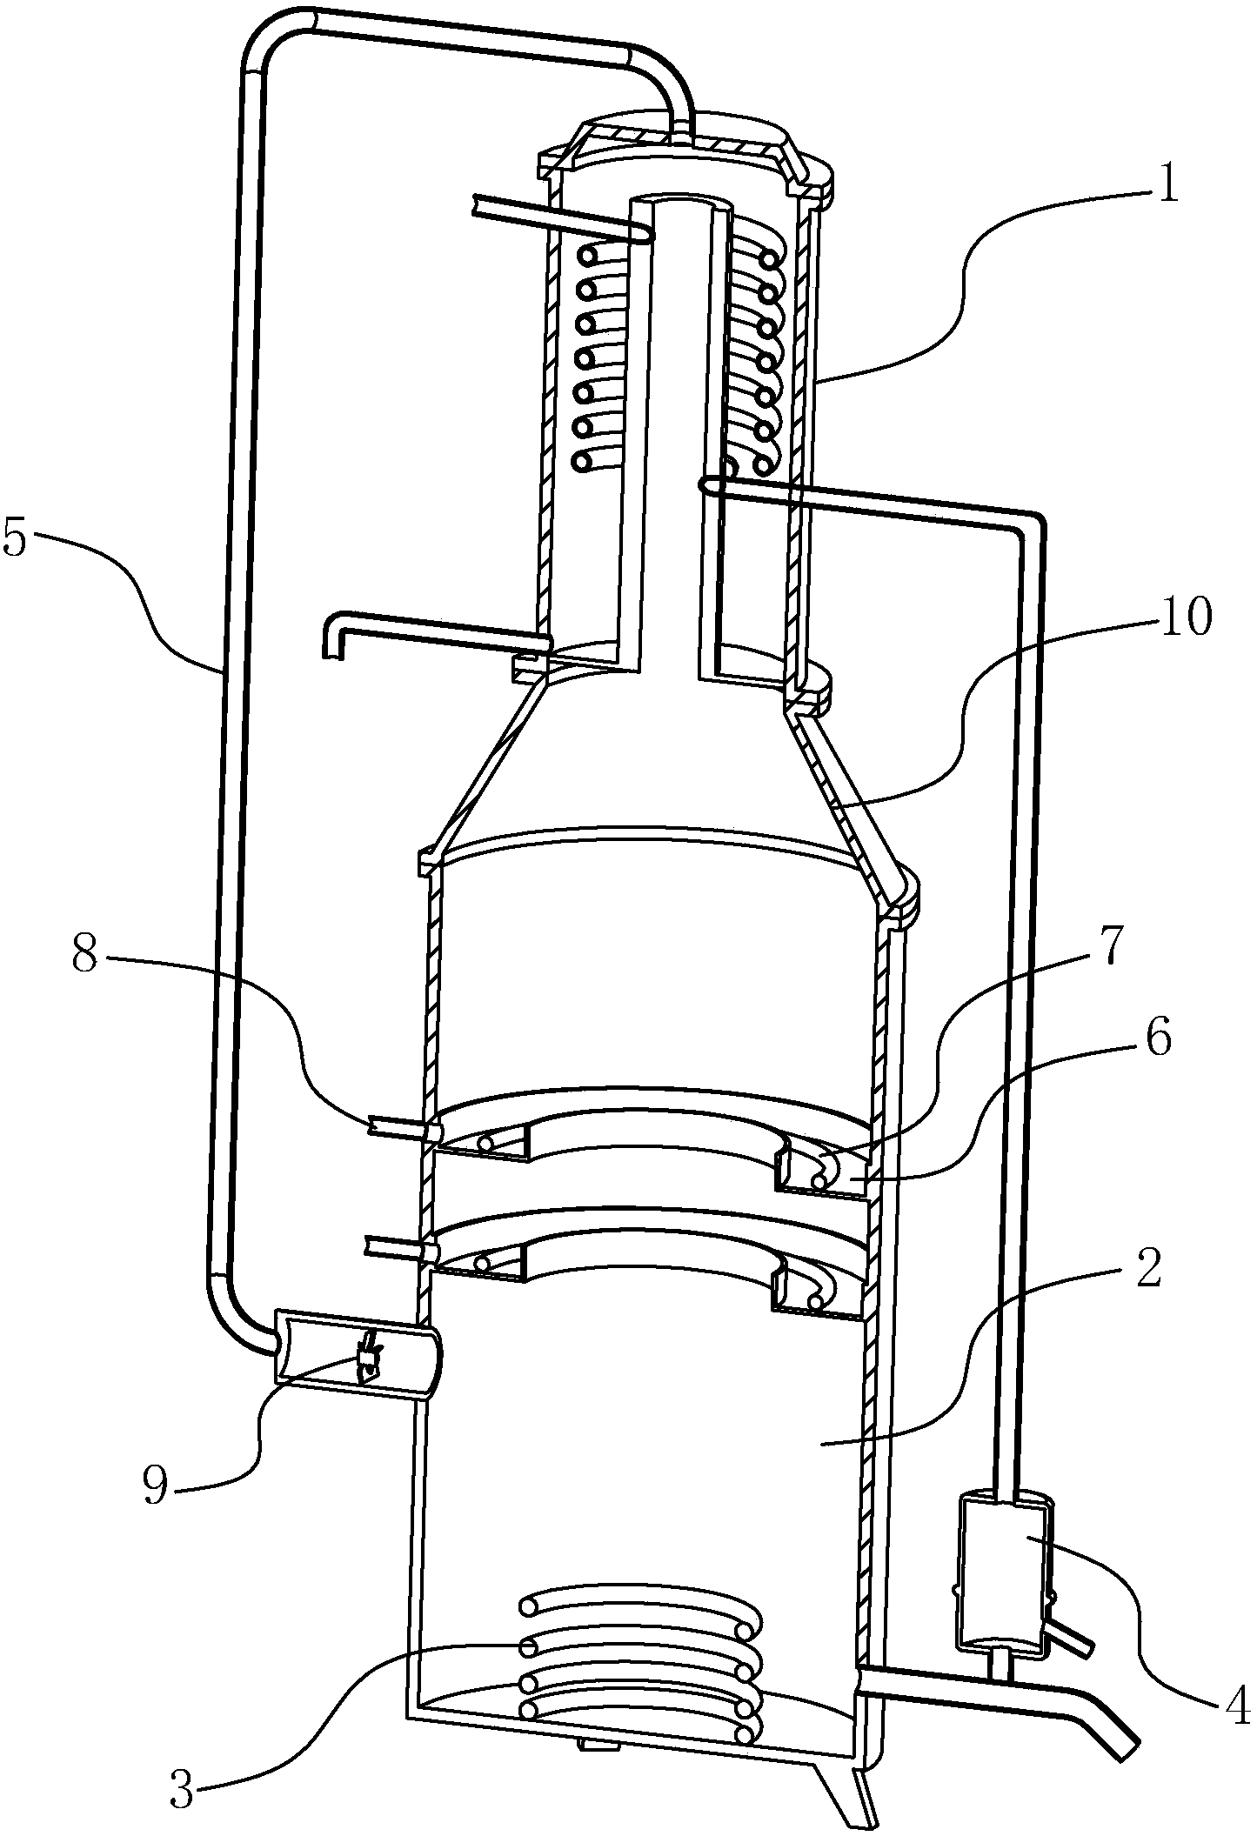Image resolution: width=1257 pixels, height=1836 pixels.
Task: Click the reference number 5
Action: [17, 539]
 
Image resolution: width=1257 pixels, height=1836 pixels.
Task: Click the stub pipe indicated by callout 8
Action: [402, 1127]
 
